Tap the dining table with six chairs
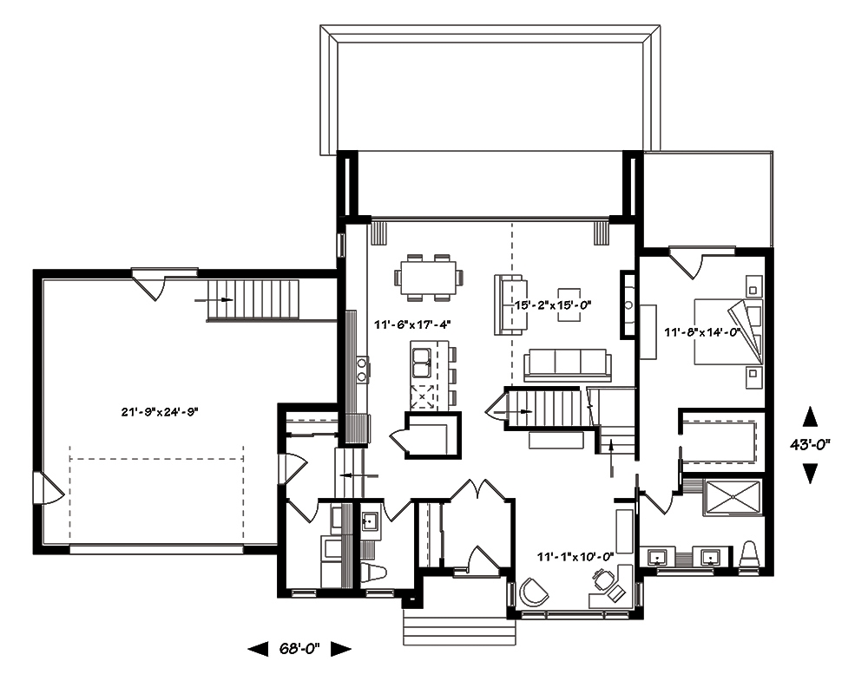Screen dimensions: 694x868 coord(429,278)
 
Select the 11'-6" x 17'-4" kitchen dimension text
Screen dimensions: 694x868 coord(411,324)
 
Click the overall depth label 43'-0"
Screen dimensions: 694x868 coord(811,444)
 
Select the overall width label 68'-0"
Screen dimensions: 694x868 coord(299,648)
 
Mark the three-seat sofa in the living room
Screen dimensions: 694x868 coord(566,363)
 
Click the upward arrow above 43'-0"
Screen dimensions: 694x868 coord(811,416)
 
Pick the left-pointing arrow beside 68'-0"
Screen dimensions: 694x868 coord(258,648)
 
